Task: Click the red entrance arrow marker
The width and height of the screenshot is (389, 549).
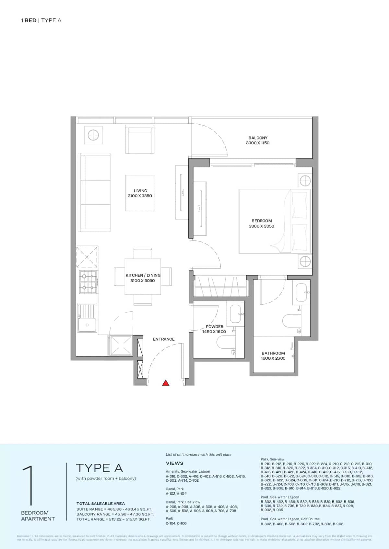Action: coord(166,383)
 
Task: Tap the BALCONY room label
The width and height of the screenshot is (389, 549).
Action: coord(258,138)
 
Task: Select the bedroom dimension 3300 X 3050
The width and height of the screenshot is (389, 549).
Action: coord(261,226)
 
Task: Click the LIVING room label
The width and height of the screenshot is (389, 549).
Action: coord(140,191)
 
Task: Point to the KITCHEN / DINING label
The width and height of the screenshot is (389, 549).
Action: coord(143,275)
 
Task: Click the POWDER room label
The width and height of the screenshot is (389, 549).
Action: coord(214,327)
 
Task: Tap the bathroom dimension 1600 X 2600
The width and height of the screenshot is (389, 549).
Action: coord(273,358)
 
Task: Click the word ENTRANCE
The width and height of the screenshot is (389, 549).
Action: coord(164,339)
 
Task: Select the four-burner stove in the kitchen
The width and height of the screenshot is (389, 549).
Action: coord(88,282)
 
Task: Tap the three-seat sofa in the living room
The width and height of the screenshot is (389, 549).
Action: coord(94,193)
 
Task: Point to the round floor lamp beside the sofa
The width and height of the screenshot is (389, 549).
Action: coord(93,135)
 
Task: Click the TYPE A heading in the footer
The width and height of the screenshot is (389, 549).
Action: coord(99,468)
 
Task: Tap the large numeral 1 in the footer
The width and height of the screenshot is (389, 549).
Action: coord(29,486)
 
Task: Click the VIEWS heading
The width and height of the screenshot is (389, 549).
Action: coord(174,463)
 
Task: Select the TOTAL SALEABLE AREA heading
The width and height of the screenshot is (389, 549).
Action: coord(100,503)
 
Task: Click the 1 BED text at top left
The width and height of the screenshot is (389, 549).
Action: coord(29,20)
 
